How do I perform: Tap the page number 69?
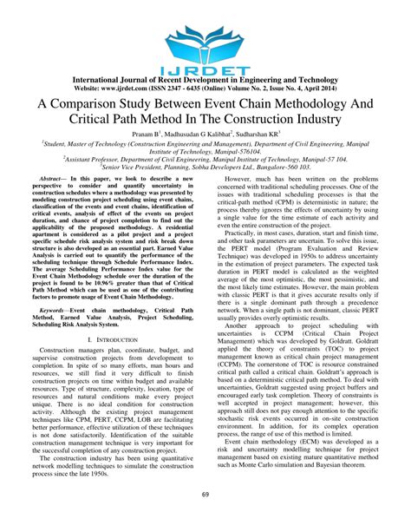205,518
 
